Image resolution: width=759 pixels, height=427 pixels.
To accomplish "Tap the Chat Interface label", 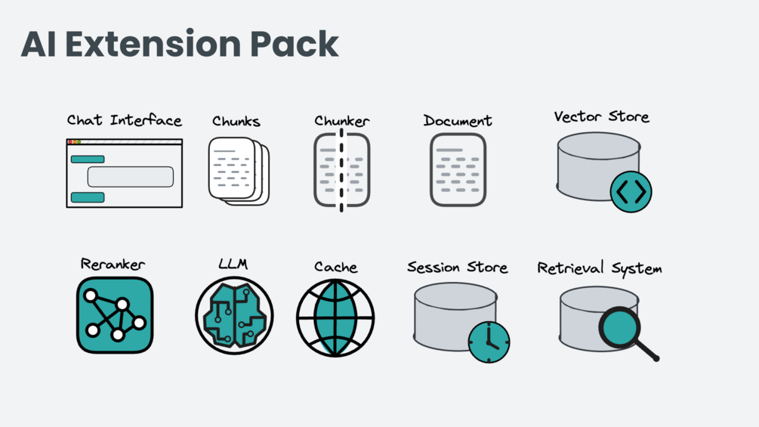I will tap(124, 120).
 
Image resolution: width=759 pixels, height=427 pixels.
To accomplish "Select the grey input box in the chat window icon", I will tap(131, 177).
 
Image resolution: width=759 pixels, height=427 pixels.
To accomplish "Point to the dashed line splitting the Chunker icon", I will tap(341, 170).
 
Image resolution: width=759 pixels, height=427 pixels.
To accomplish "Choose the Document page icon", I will tap(458, 170).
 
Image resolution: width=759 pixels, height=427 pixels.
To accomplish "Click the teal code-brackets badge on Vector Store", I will tap(631, 192).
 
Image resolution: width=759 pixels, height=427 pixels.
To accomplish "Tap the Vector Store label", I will tap(601, 117).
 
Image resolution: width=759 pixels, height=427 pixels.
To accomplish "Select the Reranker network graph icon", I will tap(114, 315).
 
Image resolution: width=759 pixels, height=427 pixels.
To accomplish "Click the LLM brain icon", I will tap(234, 316).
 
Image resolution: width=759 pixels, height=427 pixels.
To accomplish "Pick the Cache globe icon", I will tap(335, 317).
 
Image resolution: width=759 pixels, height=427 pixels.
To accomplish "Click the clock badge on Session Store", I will tap(489, 342).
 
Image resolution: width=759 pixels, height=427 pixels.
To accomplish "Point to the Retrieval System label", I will tap(599, 268).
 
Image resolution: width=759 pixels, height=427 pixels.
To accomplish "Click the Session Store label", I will tap(457, 268).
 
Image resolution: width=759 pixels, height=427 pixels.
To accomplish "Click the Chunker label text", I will tap(341, 121).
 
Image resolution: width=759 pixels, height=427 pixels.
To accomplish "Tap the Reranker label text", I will tap(113, 264).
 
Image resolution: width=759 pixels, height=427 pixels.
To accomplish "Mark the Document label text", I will tap(457, 121).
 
